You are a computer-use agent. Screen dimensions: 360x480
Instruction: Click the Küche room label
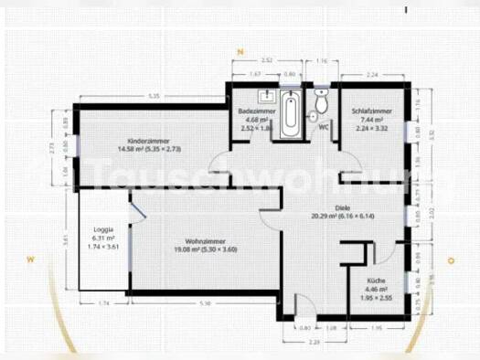[376, 281]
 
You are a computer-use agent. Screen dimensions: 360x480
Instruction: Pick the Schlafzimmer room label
[371, 111]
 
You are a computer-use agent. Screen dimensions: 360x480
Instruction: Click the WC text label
[324, 127]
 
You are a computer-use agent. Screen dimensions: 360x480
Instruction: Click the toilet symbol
[320, 101]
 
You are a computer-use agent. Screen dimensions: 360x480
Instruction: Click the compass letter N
[240, 52]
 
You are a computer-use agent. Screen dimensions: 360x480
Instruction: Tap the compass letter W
[30, 260]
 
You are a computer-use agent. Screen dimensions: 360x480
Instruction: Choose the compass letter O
[451, 260]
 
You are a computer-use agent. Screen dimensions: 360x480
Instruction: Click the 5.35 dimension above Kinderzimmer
[154, 96]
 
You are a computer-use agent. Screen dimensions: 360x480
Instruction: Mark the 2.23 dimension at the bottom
[312, 341]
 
